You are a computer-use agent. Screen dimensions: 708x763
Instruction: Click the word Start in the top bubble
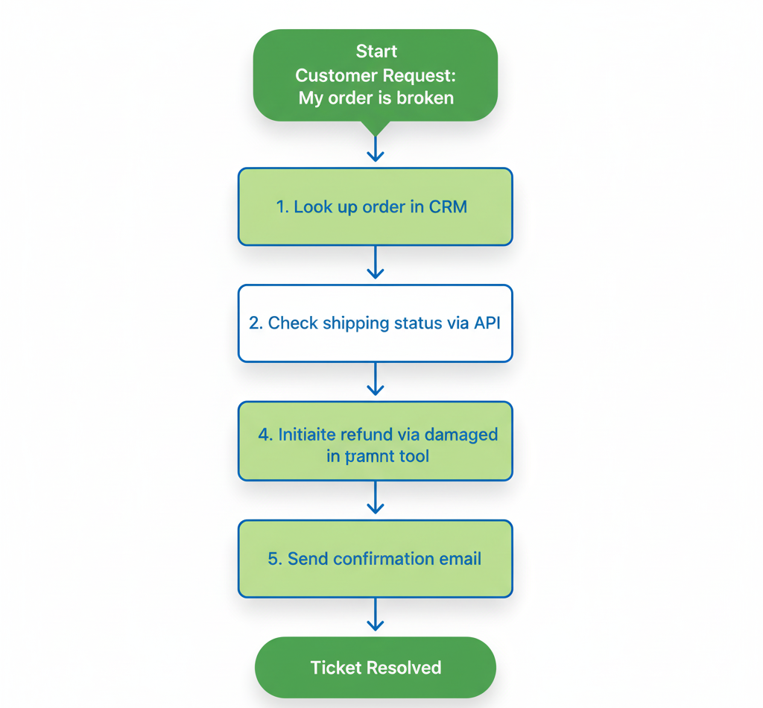coord(376,51)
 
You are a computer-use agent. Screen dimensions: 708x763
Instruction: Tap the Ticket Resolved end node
coord(376,667)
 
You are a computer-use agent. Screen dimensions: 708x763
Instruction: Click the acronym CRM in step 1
coord(448,206)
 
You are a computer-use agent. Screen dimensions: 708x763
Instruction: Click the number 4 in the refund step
coord(265,434)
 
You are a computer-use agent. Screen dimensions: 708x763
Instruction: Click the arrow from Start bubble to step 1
coord(376,147)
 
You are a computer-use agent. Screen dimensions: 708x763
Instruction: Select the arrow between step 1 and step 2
coord(376,264)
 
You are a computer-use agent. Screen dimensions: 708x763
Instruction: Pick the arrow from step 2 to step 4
coord(376,381)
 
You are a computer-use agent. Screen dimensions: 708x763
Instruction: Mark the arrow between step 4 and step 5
coord(376,499)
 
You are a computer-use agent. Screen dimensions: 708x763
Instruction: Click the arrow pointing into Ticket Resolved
coord(376,616)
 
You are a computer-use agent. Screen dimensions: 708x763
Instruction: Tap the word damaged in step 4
coord(463,434)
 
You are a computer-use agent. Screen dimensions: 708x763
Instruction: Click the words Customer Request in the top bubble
coord(376,75)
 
